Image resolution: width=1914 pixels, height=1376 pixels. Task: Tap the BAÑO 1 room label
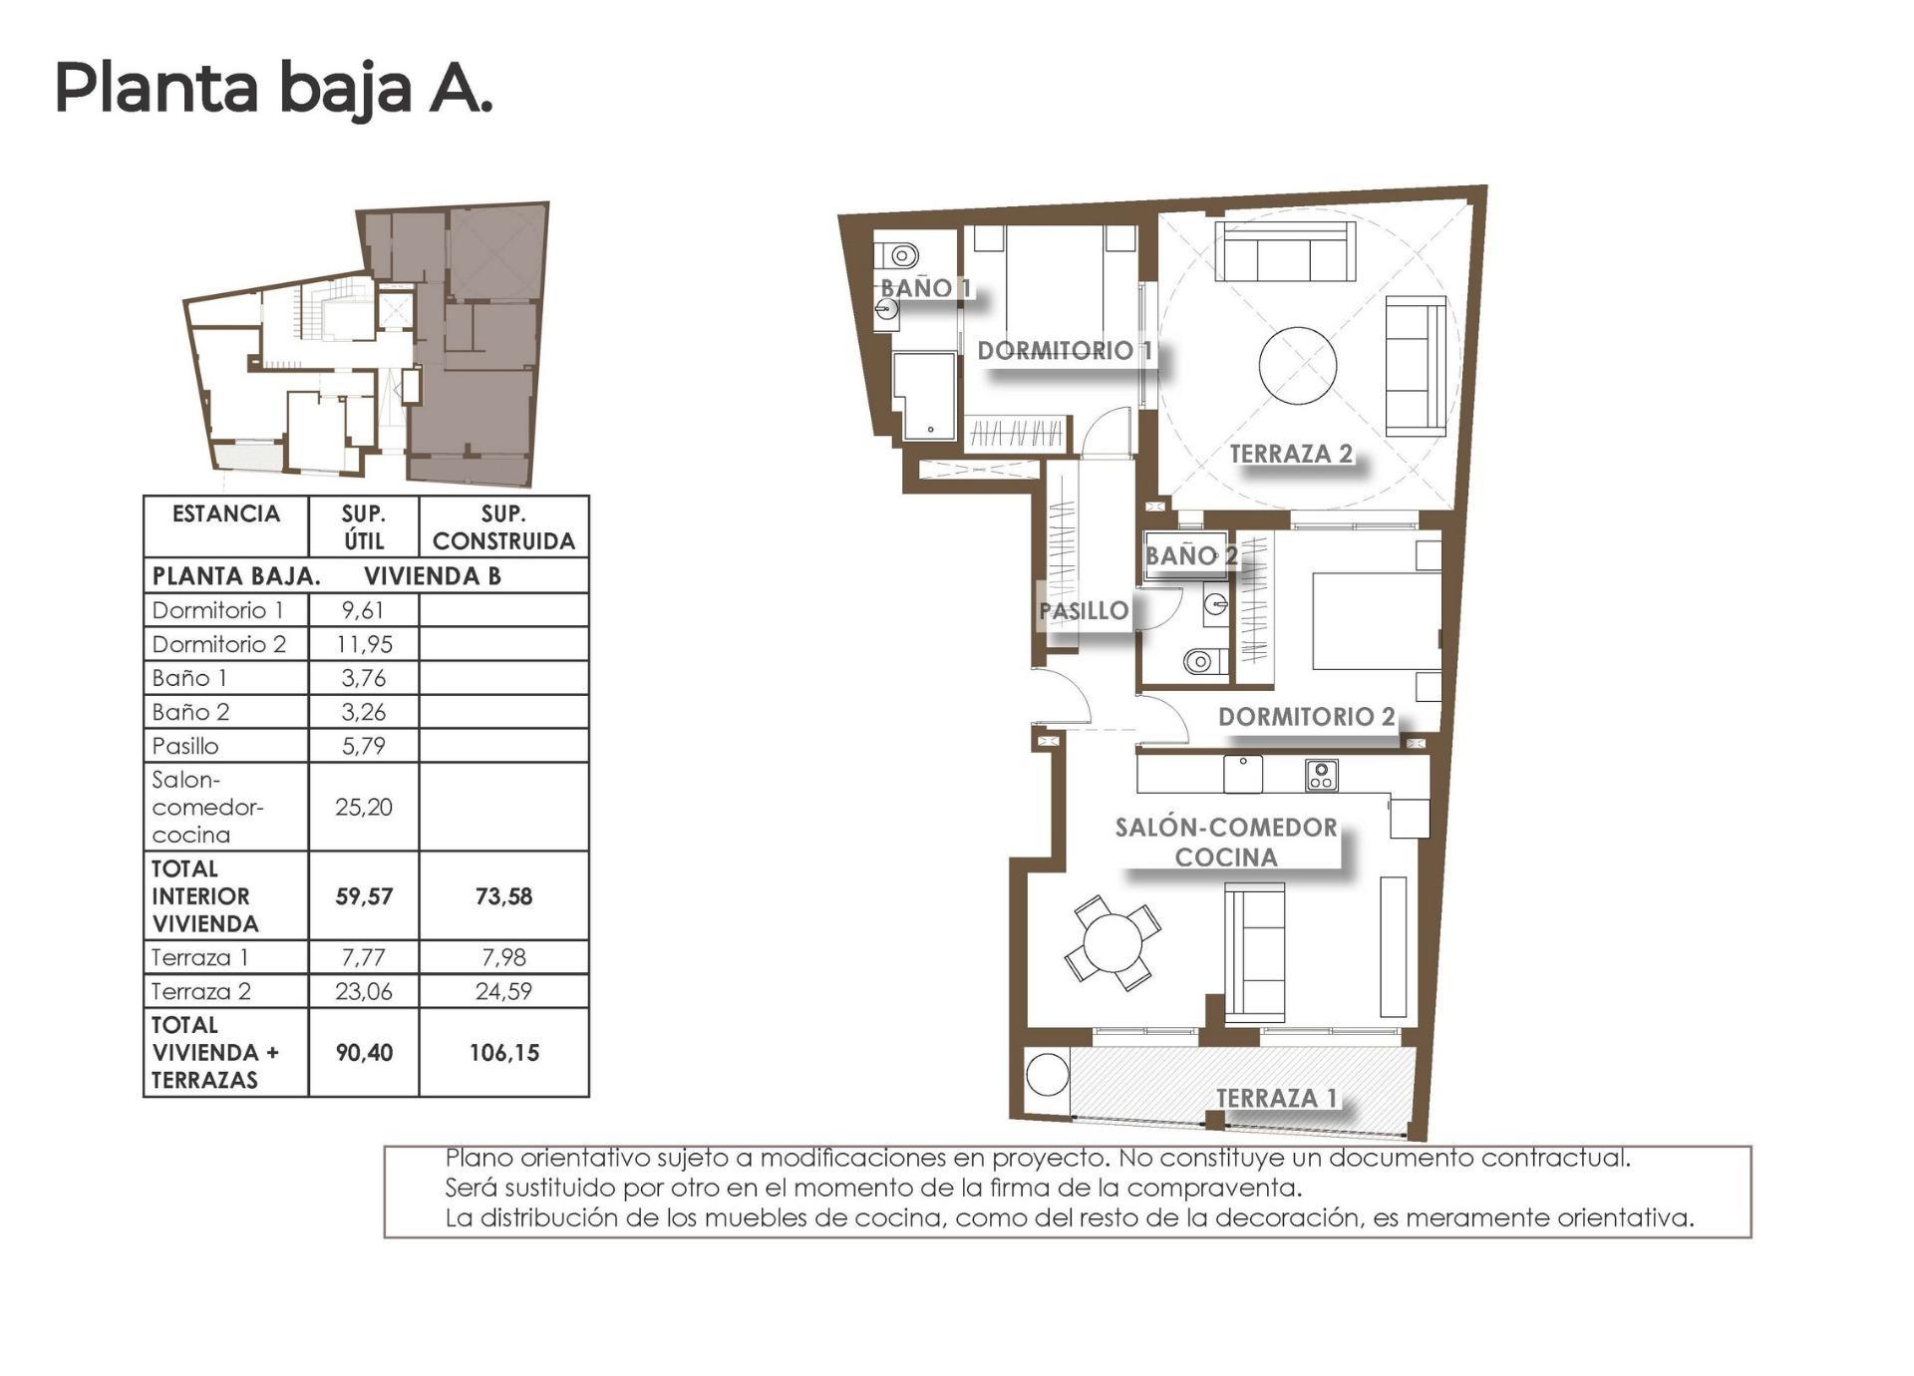(x=925, y=288)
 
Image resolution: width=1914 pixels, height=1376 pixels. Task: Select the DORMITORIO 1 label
(x=1065, y=351)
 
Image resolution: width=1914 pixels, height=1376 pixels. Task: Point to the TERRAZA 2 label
(x=1291, y=454)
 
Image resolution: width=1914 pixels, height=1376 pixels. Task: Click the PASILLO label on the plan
(x=1084, y=611)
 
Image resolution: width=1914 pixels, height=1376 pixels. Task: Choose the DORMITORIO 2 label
(x=1306, y=717)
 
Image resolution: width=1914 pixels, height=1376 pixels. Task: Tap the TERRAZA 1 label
(x=1276, y=1098)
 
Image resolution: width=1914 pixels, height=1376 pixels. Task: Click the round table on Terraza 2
(x=1298, y=366)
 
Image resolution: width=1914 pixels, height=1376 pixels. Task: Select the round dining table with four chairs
(x=1113, y=941)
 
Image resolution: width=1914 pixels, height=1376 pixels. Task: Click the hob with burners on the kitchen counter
(x=1321, y=775)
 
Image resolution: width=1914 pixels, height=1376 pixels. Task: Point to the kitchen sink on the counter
(x=1243, y=774)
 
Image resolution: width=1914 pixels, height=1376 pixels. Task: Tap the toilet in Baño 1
(x=901, y=256)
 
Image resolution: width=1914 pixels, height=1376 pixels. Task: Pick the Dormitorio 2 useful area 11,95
(x=364, y=644)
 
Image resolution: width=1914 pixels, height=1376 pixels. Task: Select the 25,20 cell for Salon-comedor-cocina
(x=364, y=807)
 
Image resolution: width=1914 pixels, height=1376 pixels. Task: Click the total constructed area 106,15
(x=503, y=1053)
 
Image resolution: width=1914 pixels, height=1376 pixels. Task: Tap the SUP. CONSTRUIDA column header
(x=503, y=527)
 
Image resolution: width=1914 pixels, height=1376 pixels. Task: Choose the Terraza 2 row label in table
(x=201, y=991)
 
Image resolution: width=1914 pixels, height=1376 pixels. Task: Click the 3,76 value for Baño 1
(x=364, y=678)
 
